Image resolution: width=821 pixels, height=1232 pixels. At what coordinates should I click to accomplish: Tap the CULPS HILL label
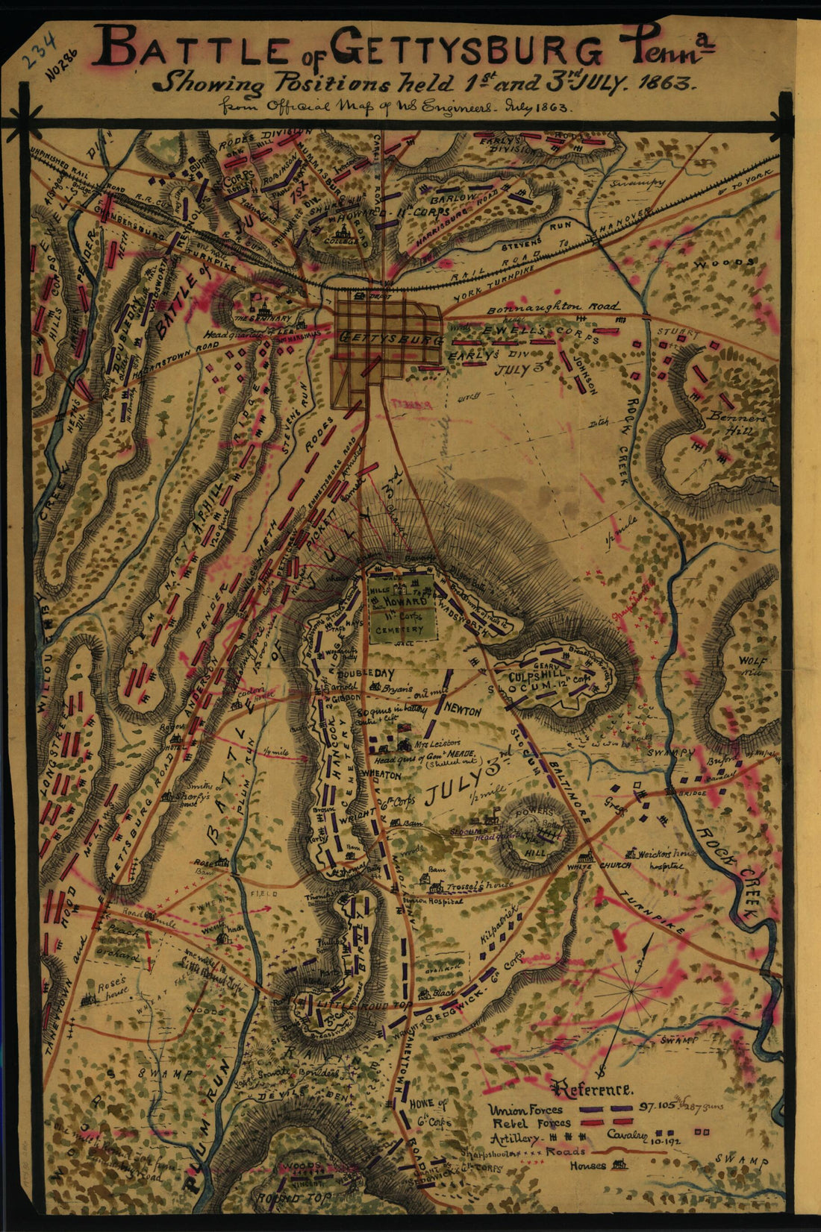(x=539, y=676)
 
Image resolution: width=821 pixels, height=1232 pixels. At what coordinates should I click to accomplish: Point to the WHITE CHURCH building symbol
(x=589, y=858)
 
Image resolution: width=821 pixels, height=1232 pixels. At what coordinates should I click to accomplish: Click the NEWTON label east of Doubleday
(x=463, y=712)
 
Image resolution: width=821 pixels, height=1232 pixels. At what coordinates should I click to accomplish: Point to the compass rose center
(x=633, y=990)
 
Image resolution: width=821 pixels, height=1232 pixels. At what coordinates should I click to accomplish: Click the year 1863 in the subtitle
(x=670, y=81)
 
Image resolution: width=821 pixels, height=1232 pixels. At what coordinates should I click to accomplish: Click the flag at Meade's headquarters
(x=405, y=728)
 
